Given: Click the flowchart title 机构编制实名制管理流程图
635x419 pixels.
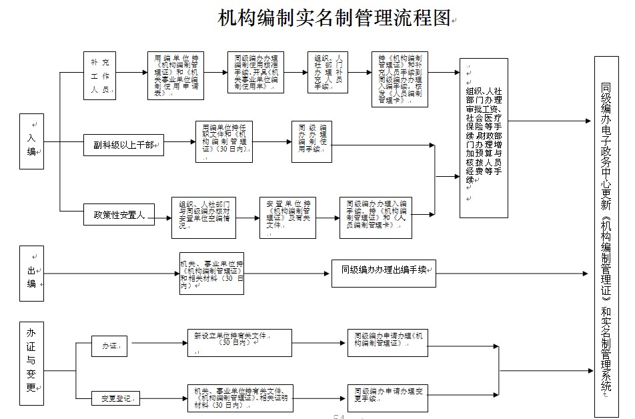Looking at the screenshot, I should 334,18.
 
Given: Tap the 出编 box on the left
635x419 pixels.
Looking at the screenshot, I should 31,274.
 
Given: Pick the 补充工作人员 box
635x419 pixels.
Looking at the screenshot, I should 100,76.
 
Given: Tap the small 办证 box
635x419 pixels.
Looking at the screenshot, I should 109,347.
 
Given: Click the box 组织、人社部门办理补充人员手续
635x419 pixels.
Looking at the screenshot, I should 328,73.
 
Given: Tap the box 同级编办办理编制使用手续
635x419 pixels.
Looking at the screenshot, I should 311,141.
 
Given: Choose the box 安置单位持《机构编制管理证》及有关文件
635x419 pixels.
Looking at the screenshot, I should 287,218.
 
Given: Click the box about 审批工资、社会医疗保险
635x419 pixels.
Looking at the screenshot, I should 484,134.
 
